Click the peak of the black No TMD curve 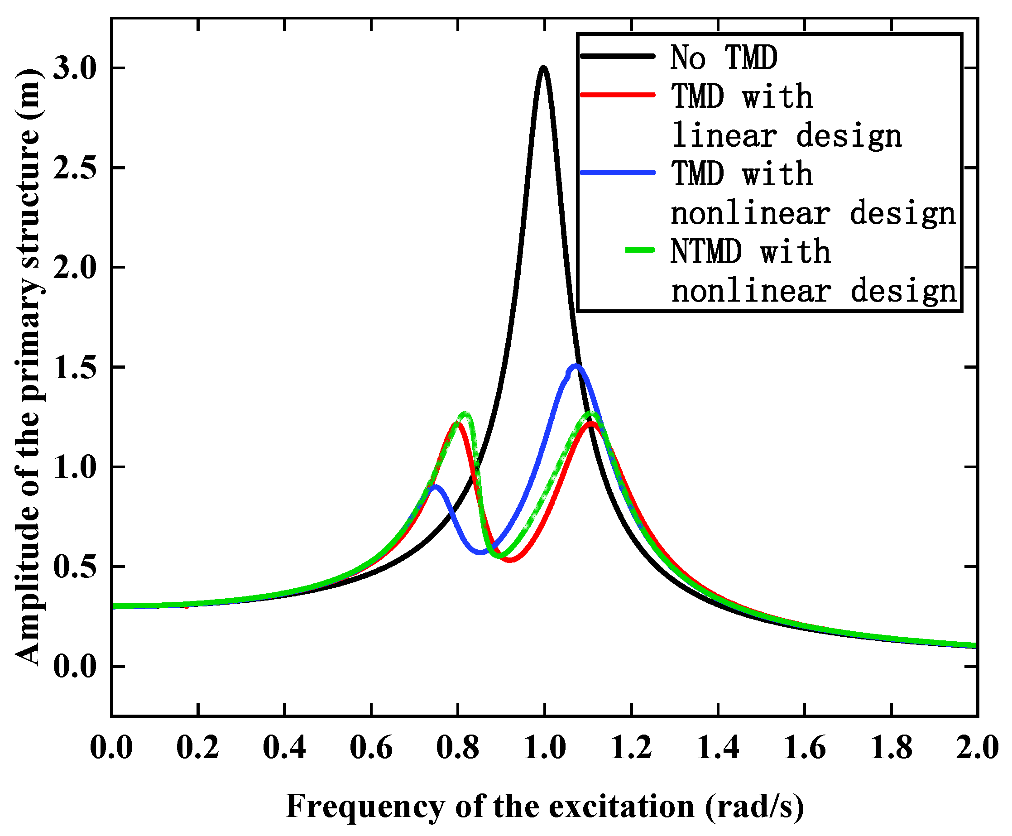pos(543,68)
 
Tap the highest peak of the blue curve pos(576,366)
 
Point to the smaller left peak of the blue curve pos(435,487)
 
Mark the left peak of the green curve pos(465,414)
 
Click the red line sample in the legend pos(618,95)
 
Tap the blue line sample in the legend pos(618,173)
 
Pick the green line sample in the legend pos(640,250)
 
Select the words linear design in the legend pos(786,136)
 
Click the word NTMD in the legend pos(706,252)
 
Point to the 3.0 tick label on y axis pos(75,68)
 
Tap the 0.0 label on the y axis pos(75,667)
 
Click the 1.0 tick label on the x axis pos(545,748)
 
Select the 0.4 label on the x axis pos(284,748)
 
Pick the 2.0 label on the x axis pos(977,748)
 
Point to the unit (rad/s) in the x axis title pos(754,807)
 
